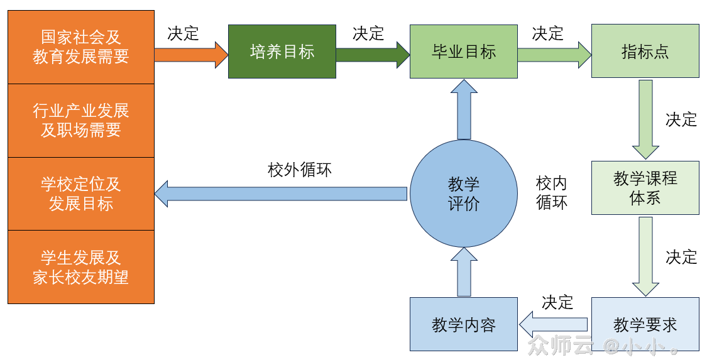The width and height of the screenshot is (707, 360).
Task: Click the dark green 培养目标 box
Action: [282, 52]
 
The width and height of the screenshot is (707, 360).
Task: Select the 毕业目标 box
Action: [463, 52]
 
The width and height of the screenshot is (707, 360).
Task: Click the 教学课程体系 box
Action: [645, 188]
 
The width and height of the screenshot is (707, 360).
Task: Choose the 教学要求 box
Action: [645, 324]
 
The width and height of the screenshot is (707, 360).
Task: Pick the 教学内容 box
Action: [463, 324]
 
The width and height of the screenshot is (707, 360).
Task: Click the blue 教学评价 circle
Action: [463, 194]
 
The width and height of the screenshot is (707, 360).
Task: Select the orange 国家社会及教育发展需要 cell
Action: [81, 47]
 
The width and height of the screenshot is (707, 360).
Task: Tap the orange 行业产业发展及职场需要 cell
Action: [81, 121]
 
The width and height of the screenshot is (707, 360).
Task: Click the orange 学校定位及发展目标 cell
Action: [81, 194]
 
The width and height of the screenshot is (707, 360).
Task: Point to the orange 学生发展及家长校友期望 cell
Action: [81, 267]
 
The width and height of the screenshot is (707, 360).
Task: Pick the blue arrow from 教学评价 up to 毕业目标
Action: [464, 109]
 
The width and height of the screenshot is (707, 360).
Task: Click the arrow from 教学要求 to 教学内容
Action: [554, 325]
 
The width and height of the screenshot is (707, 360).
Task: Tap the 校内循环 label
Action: [551, 193]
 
